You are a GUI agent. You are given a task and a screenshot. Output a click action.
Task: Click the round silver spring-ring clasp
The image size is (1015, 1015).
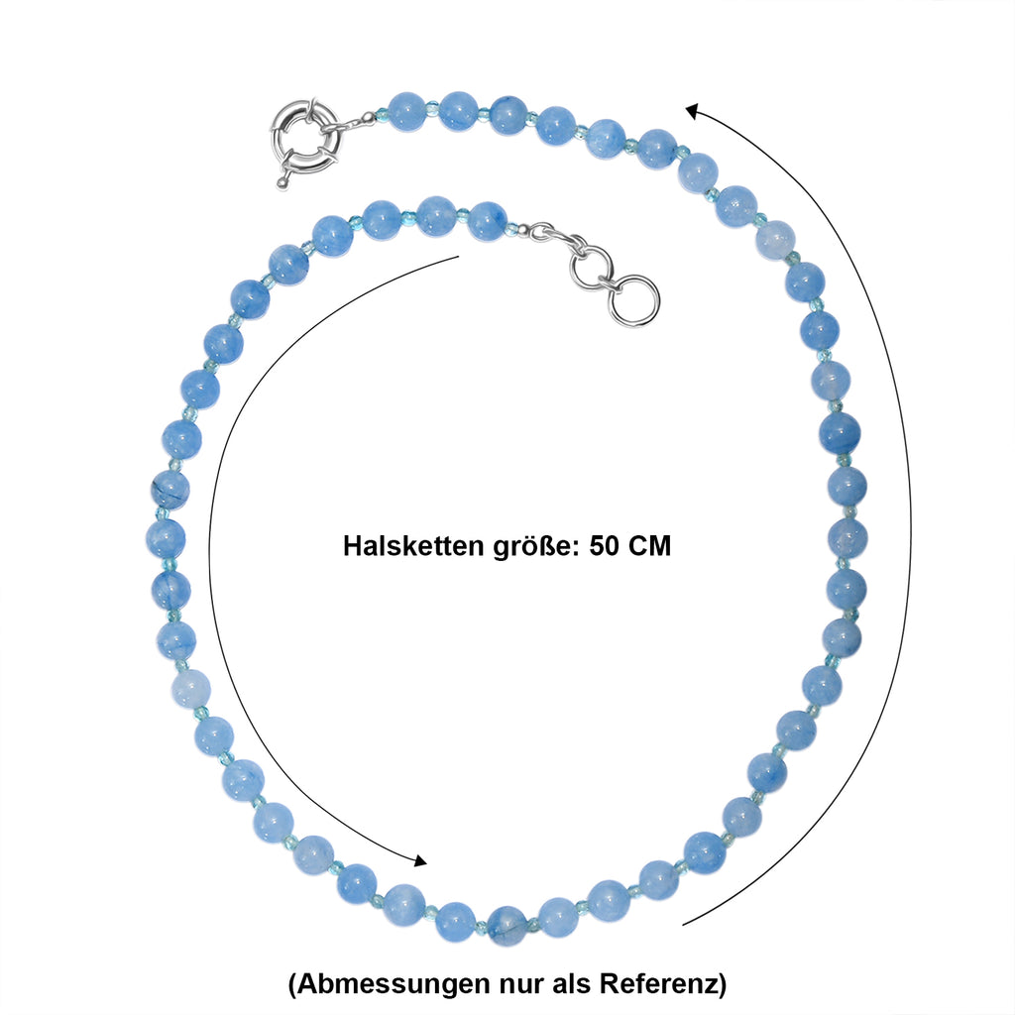(x=284, y=138)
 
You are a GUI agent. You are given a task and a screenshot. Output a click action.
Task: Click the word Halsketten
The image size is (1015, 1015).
(x=413, y=546)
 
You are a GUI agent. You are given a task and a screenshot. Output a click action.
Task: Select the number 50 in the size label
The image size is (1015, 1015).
(x=603, y=546)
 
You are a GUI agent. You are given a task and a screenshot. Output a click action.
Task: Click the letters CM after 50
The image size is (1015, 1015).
(x=648, y=546)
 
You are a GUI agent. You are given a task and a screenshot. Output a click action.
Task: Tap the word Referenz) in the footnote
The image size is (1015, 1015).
(x=663, y=984)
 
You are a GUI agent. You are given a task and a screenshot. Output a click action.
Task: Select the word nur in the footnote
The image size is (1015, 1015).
(x=522, y=986)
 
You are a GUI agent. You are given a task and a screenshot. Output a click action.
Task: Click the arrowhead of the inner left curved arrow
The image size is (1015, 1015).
(x=420, y=860)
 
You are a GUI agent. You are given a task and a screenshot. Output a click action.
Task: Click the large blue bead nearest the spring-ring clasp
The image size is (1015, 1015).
(x=406, y=111)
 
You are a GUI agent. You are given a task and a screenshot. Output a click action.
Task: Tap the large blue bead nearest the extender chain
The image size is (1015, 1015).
(x=487, y=221)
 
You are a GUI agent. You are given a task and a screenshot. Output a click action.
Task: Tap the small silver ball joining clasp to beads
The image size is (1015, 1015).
(x=369, y=117)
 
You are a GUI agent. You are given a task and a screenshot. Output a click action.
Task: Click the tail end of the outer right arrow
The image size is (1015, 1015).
(x=683, y=925)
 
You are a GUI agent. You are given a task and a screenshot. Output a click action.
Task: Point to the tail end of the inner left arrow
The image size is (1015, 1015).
(x=458, y=257)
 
